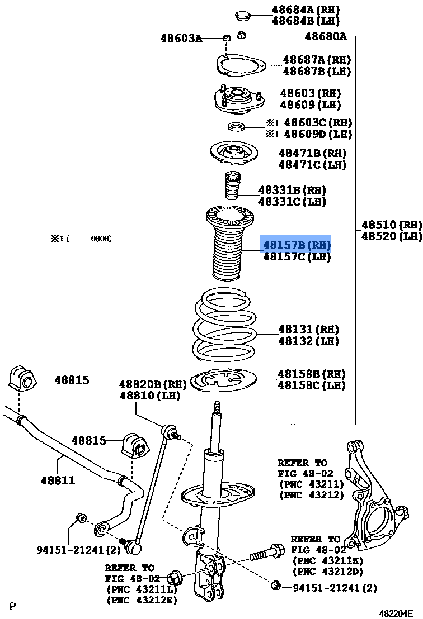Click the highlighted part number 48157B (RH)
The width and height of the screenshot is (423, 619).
[x=297, y=245]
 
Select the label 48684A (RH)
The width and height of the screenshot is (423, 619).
[x=305, y=9]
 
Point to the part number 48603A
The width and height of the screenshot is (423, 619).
[x=181, y=38]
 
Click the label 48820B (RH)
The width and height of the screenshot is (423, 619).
[x=152, y=384]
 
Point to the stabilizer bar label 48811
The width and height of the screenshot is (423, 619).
[x=57, y=479]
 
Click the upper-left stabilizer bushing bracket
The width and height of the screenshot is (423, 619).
[x=22, y=380]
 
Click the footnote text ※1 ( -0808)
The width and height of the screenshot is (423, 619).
[x=82, y=239]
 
